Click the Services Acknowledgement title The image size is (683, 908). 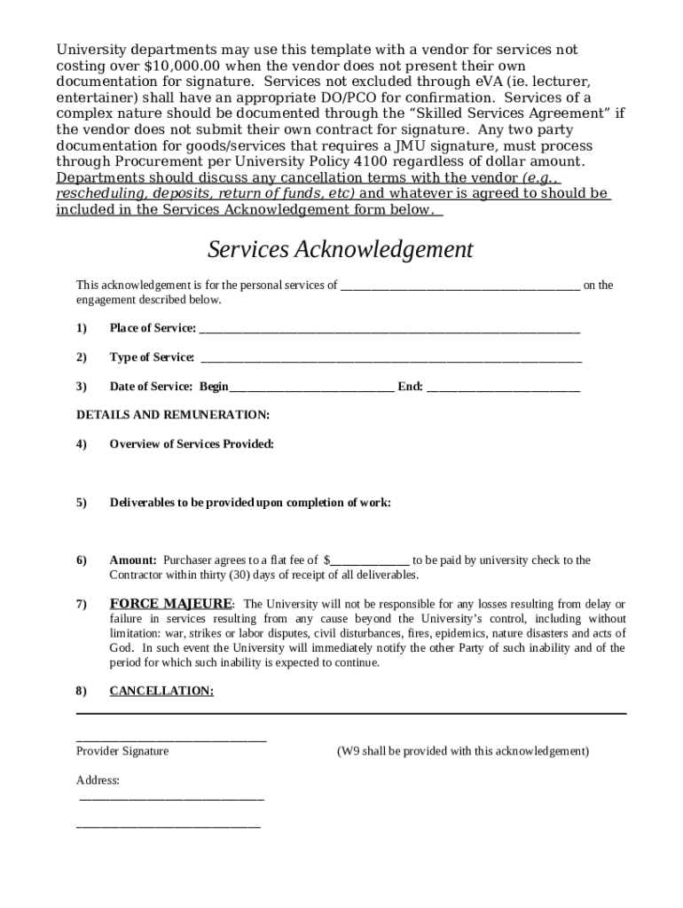point(341,250)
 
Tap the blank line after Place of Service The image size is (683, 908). point(389,329)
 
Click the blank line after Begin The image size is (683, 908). point(311,387)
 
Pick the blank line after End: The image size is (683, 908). point(503,387)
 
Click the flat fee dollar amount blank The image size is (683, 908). point(370,560)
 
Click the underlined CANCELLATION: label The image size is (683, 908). point(161,691)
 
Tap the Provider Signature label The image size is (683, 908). point(122,751)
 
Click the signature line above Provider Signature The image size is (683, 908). point(171,739)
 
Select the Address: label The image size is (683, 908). point(98,780)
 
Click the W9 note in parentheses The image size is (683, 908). point(462,751)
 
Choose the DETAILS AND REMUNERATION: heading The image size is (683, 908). point(173,415)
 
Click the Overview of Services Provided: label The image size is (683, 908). point(192,444)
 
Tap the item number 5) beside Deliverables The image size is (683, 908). point(82,503)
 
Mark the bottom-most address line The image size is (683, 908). point(169,826)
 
